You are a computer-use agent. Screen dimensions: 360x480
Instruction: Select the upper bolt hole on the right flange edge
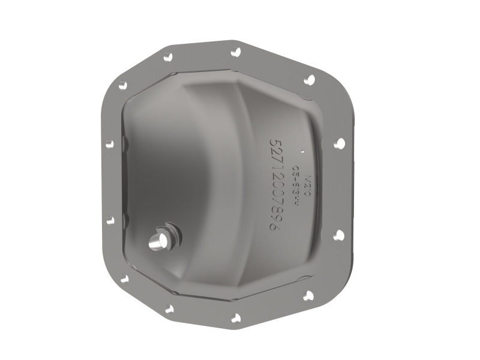339,143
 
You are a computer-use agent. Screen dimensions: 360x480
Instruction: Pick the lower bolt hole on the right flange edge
338,235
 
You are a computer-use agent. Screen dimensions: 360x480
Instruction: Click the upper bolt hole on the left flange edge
109,143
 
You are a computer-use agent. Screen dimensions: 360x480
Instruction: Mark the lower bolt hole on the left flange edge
110,220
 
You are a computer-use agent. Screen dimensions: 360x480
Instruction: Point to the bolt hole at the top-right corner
310,79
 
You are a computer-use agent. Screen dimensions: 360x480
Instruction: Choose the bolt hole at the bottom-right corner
309,295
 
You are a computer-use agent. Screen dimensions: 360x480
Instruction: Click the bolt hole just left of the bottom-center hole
169,309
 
